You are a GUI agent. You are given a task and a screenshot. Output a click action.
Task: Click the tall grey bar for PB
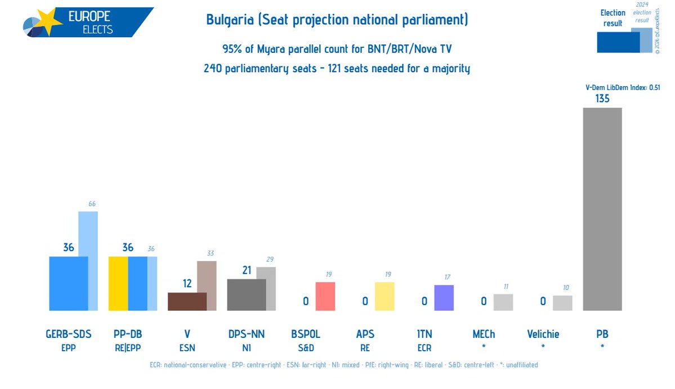(602, 209)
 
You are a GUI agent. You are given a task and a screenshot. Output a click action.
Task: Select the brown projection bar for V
(187, 302)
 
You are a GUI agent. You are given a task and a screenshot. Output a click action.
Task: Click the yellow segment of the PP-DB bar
(118, 283)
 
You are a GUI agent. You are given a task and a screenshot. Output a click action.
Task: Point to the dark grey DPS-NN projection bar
(246, 294)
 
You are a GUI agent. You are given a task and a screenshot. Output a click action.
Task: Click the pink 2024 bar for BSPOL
(325, 296)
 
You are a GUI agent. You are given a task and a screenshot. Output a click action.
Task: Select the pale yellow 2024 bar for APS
(385, 296)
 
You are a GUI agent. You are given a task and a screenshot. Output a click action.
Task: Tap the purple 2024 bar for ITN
(444, 297)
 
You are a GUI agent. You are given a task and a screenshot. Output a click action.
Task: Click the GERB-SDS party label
(68, 334)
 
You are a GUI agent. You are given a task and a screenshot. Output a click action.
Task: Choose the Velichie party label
(543, 334)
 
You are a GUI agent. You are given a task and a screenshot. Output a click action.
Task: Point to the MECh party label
(484, 334)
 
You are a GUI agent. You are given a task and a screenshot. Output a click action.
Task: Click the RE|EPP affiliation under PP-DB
(127, 348)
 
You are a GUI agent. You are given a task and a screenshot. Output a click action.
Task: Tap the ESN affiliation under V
(187, 348)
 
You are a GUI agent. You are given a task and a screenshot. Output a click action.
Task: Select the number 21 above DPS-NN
(246, 270)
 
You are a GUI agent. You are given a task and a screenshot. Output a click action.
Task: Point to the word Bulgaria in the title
(229, 21)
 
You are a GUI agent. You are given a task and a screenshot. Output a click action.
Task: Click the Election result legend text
(613, 17)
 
